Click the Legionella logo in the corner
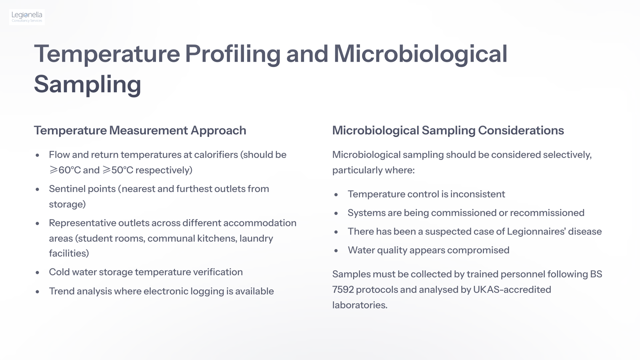[27, 17]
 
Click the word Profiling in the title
[233, 54]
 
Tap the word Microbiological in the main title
[420, 54]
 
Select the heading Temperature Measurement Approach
[140, 130]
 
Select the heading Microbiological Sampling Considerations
[448, 130]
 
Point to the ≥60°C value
[65, 170]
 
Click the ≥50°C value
[118, 170]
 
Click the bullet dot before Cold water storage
[37, 273]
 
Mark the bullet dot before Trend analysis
[37, 292]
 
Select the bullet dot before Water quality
[336, 251]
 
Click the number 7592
[343, 289]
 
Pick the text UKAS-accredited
[512, 289]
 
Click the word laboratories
[359, 305]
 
